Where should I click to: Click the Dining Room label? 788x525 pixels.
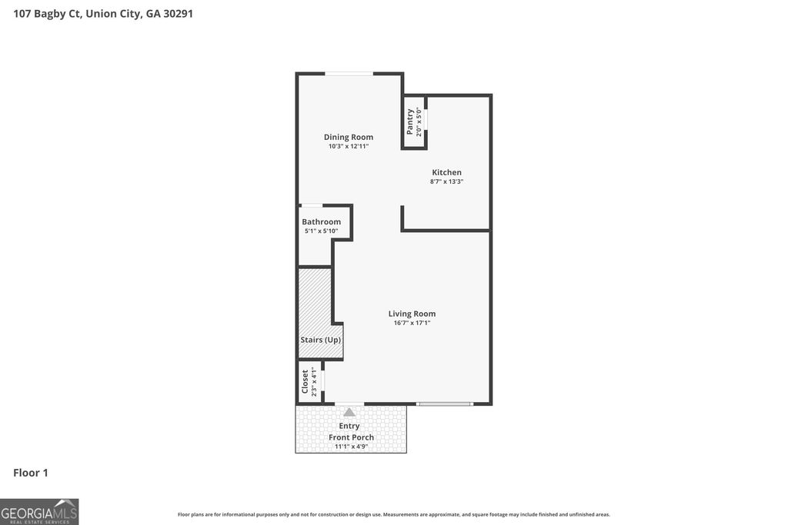click(348, 137)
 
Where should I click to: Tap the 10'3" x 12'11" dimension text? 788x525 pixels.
click(348, 146)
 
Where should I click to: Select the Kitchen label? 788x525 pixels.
click(446, 172)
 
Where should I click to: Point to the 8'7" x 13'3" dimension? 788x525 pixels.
click(446, 181)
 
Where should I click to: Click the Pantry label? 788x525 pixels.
click(410, 121)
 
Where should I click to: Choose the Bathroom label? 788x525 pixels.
click(321, 221)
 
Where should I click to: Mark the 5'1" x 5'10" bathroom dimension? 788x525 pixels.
click(321, 231)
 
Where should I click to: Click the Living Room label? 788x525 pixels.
click(412, 314)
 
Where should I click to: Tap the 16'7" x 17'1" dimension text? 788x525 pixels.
click(412, 323)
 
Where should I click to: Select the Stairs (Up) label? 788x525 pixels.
click(320, 340)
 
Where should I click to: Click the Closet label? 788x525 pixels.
click(306, 382)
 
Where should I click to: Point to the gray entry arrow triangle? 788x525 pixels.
click(349, 412)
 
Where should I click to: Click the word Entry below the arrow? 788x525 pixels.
click(349, 426)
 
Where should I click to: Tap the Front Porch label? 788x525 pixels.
click(351, 437)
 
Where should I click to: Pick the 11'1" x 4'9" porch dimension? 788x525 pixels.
click(351, 447)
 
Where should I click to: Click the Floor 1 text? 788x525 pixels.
click(31, 473)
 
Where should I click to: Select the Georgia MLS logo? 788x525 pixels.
click(39, 511)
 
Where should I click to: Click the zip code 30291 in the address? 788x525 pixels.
click(177, 13)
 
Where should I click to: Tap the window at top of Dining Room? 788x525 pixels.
click(349, 74)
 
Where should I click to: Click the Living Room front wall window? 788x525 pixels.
click(444, 404)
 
